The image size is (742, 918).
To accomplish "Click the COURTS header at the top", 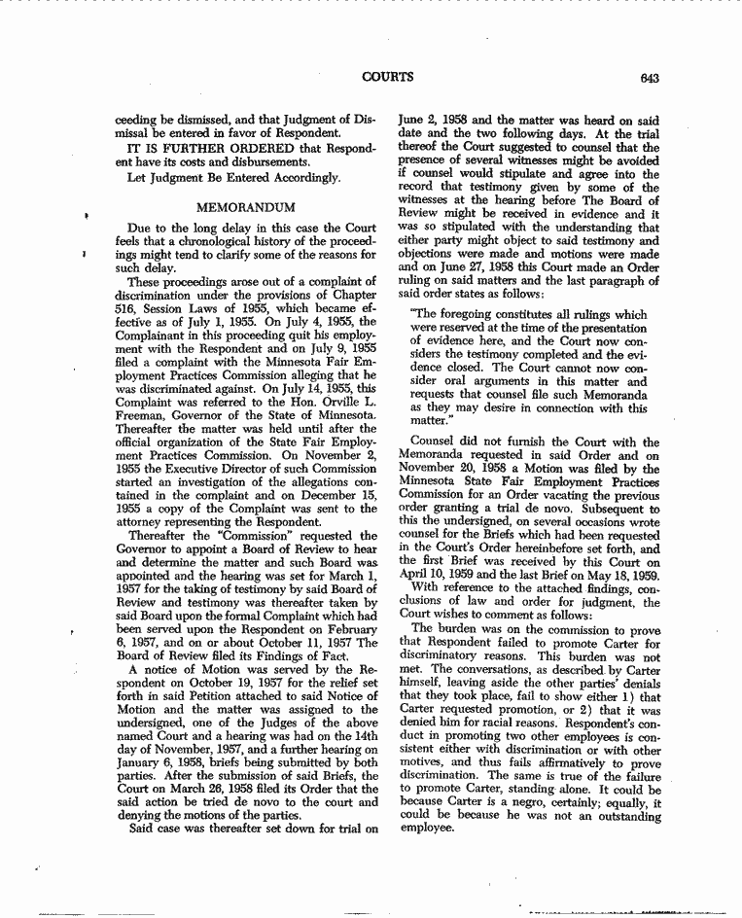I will click(x=388, y=76).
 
